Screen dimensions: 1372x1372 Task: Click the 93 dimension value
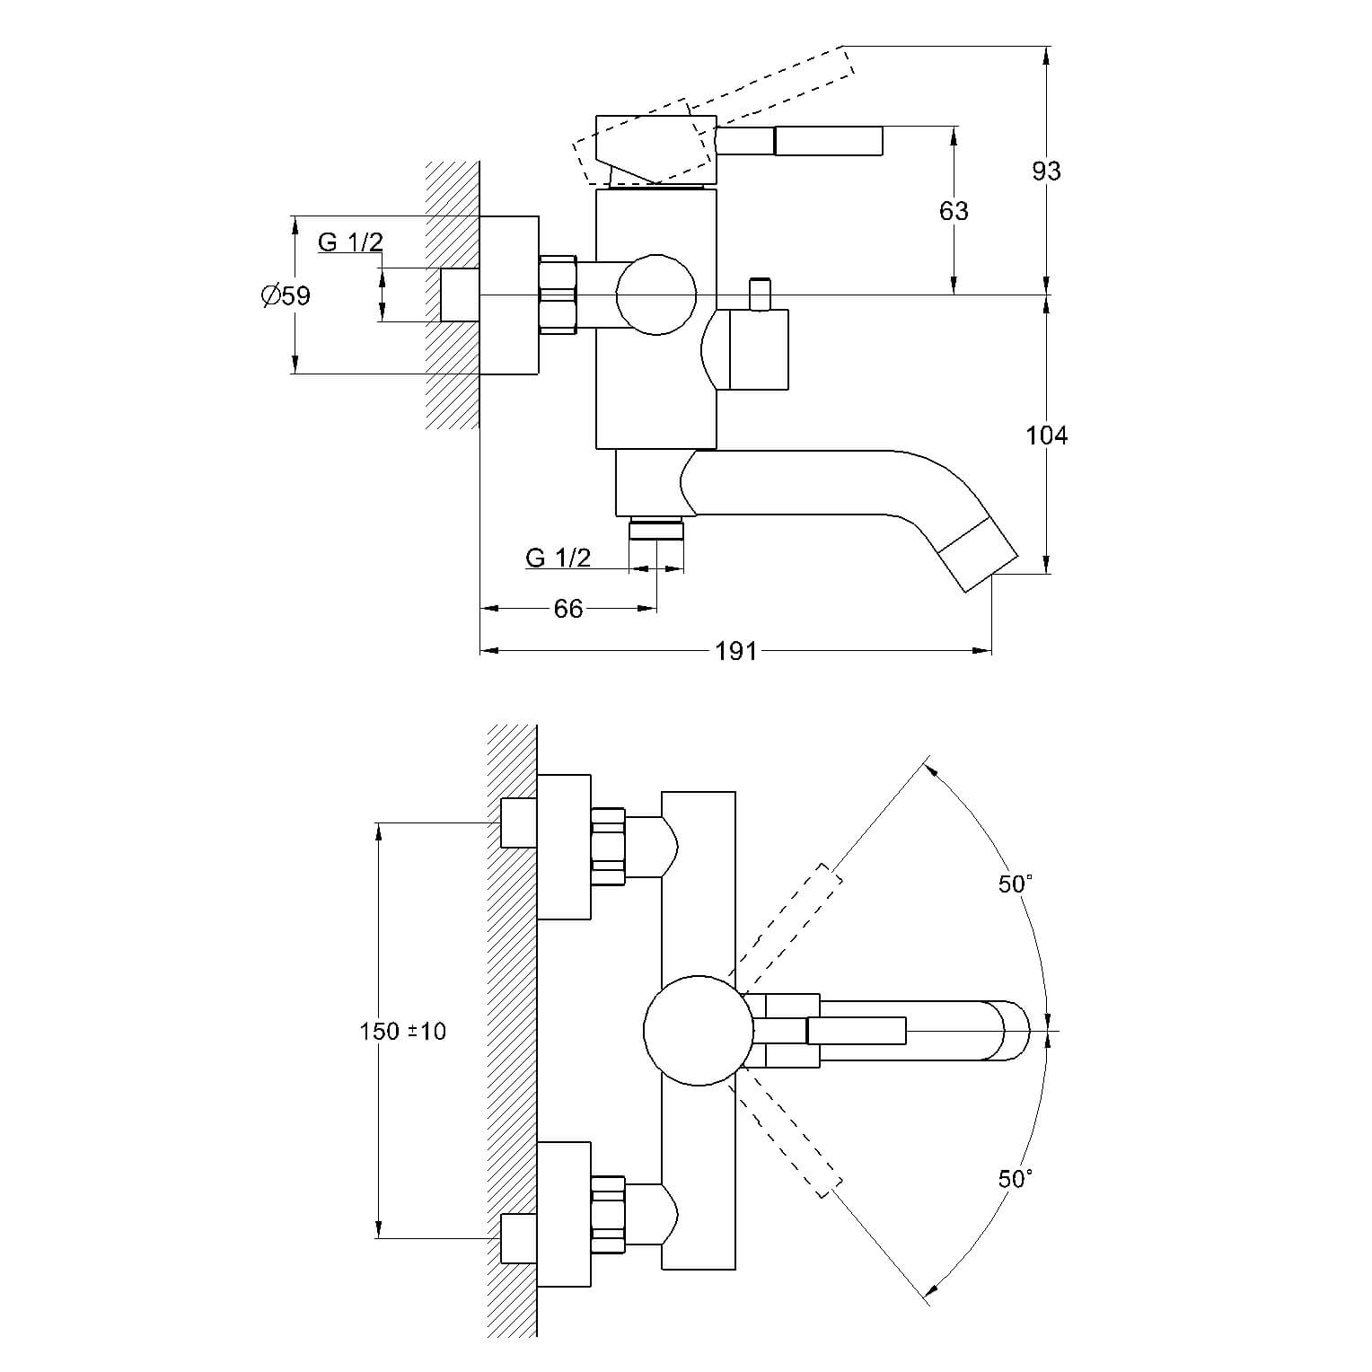click(1046, 171)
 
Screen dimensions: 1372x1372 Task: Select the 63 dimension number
click(954, 210)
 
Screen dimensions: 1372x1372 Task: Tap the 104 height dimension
click(1046, 435)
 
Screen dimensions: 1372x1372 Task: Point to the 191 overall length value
click(736, 650)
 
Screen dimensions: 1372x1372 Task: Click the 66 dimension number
click(568, 609)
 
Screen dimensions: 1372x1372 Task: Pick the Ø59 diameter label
click(286, 295)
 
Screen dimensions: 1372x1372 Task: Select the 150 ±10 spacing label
click(402, 1031)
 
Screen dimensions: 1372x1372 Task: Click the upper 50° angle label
click(1015, 884)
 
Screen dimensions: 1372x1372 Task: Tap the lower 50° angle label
click(1015, 1178)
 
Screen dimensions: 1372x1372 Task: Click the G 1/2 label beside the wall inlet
click(350, 242)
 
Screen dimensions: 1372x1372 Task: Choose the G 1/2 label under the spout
click(558, 558)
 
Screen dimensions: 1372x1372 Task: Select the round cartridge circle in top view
click(697, 1032)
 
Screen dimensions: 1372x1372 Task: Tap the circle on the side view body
click(656, 295)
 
